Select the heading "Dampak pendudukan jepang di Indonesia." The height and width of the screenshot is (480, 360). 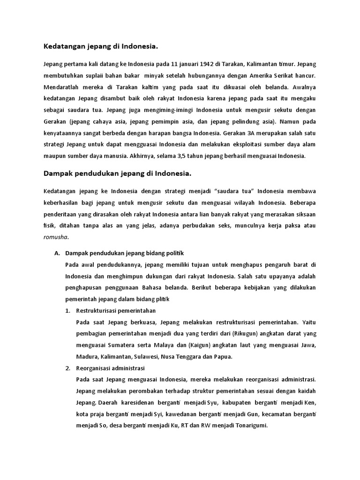point(118,173)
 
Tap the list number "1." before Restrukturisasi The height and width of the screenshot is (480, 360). point(67,311)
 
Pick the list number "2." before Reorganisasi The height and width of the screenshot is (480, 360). point(67,368)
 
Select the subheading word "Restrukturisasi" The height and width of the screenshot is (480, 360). point(97,311)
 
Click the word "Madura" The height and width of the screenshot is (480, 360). point(87,357)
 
